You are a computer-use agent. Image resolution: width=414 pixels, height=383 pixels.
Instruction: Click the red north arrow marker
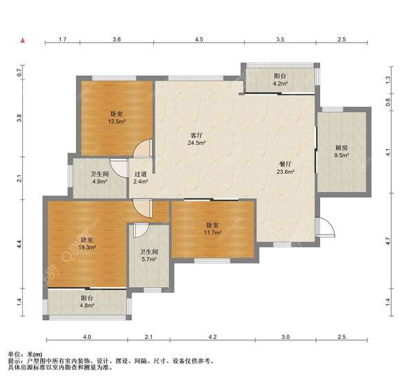23,41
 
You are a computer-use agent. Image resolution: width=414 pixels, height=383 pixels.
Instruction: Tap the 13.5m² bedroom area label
117,118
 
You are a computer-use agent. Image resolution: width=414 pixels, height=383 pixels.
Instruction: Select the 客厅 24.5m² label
197,139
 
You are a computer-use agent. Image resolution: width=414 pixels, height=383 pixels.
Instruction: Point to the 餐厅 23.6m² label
286,168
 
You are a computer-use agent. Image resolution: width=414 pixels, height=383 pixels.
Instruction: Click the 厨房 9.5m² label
342,151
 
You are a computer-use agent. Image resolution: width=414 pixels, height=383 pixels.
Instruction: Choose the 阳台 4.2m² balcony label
280,80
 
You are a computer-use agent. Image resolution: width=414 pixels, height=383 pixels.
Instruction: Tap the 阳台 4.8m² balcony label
87,302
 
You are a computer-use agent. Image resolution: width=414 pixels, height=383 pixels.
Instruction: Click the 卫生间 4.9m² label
99,178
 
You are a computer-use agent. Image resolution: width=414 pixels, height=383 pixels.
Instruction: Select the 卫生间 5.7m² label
149,255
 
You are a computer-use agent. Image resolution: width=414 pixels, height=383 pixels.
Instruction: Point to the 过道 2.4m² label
141,178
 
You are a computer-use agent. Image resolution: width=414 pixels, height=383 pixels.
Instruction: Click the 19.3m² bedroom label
87,244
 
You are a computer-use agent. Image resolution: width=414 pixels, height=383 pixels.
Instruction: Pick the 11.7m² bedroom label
213,228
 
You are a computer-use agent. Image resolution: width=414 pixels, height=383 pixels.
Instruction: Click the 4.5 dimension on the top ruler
199,39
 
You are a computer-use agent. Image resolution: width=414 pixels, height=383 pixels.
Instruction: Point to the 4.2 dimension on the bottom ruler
213,337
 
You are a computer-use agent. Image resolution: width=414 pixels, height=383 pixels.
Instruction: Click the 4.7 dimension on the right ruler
388,241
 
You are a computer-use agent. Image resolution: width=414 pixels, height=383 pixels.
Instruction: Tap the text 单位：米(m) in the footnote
25,355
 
